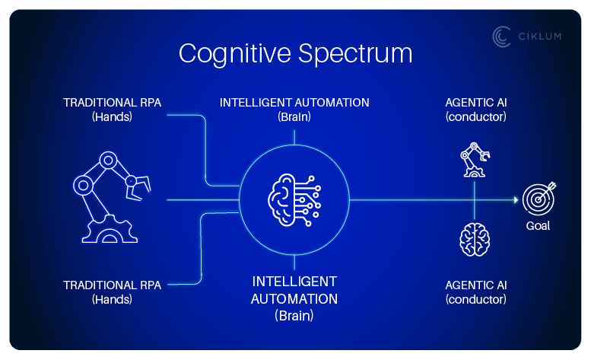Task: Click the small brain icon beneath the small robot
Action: pos(475,240)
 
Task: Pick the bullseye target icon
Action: pos(539,199)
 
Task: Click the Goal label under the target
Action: pos(538,226)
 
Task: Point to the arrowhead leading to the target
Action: pos(516,199)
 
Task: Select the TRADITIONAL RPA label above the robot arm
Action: pos(112,102)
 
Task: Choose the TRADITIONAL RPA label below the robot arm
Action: pos(112,285)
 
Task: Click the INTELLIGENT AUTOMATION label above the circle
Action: pos(294,102)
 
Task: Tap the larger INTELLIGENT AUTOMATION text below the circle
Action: pos(294,290)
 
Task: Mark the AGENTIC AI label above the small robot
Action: pos(475,102)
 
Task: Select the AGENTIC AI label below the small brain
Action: pos(475,285)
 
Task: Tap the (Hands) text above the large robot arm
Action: pos(112,116)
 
